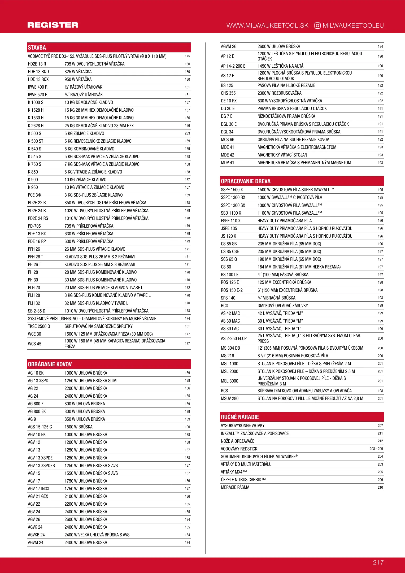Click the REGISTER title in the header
53,25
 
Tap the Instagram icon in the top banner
317,25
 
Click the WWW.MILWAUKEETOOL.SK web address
267,25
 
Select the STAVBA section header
37,48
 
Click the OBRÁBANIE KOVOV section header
50,364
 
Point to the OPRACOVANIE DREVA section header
246,181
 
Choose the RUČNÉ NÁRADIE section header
240,417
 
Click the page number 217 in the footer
378,562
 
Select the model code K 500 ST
36,141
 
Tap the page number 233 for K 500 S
187,133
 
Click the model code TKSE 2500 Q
39,326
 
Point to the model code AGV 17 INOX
38,489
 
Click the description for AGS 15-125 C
79,427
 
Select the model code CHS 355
228,93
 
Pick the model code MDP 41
227,163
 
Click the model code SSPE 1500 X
232,190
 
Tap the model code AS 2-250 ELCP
234,338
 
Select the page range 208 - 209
376,449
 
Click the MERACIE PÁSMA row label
235,487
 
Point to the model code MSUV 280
229,398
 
